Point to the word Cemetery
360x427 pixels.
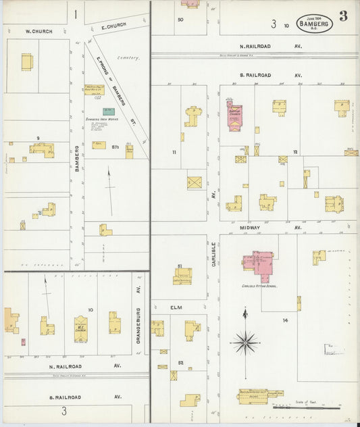[128, 58]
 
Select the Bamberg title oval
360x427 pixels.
[314, 24]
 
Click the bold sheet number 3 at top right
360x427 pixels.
[343, 16]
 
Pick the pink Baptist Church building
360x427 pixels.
[234, 116]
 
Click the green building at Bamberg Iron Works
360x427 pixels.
[108, 111]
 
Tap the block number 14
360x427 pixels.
[285, 320]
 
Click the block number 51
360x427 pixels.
[180, 266]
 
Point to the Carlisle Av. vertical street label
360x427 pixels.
[213, 253]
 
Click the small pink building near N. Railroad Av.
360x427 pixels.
[23, 342]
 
